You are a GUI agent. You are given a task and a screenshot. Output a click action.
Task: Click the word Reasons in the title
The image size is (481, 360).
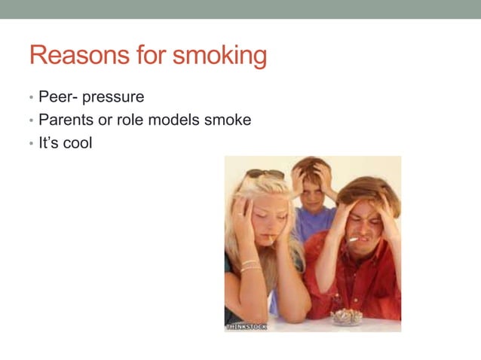(x=72, y=56)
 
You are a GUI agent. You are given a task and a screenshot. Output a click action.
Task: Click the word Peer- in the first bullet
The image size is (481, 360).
(x=57, y=97)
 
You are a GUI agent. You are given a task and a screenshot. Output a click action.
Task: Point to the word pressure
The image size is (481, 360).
(x=112, y=99)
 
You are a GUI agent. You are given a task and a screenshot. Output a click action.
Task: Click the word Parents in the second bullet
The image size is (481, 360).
(x=66, y=120)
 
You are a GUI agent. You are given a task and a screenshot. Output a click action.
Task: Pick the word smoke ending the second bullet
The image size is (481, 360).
(x=229, y=120)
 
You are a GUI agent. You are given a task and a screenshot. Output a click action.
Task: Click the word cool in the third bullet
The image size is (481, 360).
(x=77, y=142)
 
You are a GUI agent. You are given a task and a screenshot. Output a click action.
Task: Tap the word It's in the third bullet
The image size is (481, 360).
(x=47, y=142)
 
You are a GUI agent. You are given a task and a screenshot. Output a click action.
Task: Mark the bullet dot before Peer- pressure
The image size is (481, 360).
(x=31, y=99)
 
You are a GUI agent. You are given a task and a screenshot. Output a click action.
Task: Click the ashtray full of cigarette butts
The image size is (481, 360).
(x=347, y=316)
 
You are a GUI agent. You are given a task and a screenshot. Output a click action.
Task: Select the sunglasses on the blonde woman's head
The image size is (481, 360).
(x=266, y=173)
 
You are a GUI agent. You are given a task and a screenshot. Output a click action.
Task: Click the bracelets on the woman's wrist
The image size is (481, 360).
(x=250, y=265)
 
